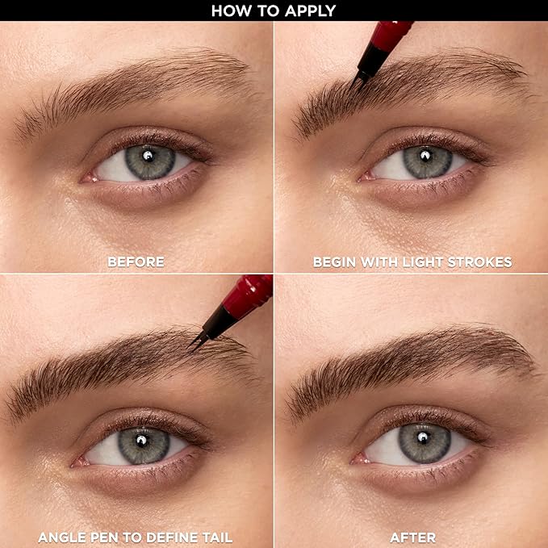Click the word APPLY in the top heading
[x=307, y=10]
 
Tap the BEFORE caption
[x=136, y=261]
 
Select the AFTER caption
[x=412, y=537]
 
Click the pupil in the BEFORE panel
[x=150, y=159]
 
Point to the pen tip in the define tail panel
[x=193, y=345]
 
